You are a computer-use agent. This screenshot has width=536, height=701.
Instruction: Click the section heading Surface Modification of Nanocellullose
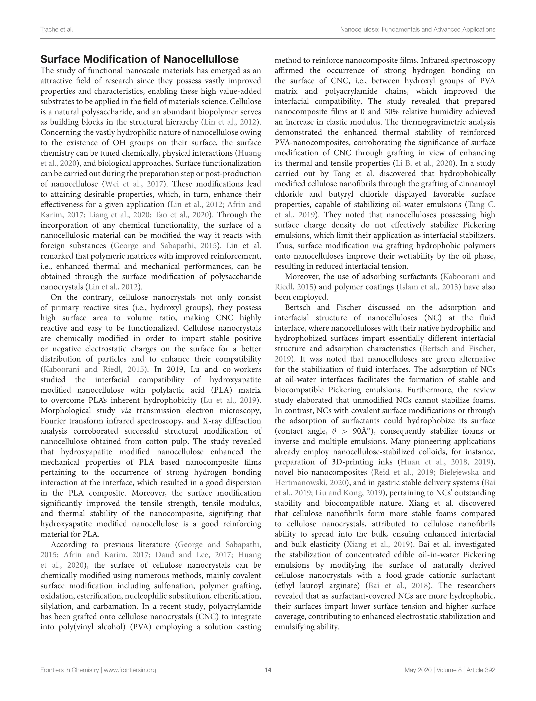pos(139,59)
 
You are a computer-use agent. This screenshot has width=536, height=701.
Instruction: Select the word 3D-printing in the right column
pos(367,462)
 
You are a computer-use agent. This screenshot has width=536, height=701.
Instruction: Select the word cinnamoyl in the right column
pos(476,184)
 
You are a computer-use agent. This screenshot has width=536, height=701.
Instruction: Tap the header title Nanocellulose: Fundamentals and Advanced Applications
pos(417,30)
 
